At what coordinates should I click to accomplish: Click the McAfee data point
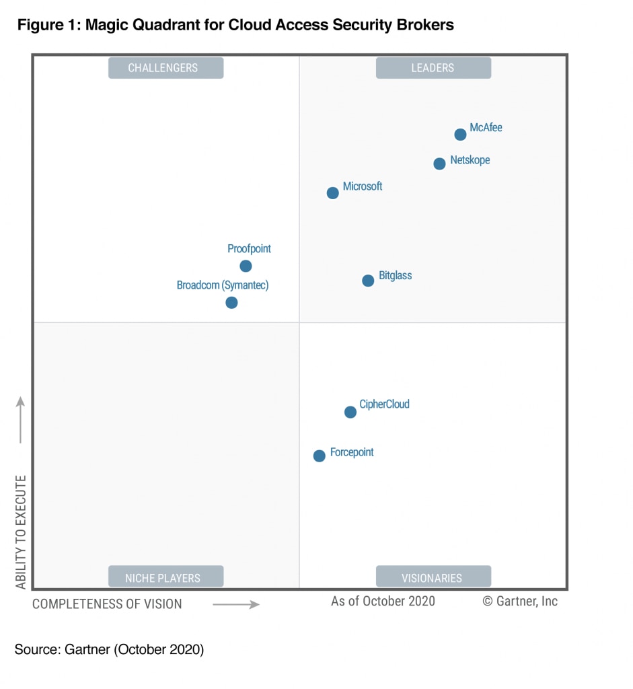pyautogui.click(x=460, y=135)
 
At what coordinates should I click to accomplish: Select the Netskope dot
pyautogui.click(x=439, y=164)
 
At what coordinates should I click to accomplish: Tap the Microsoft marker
pyautogui.click(x=332, y=193)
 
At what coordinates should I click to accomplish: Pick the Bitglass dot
pyautogui.click(x=368, y=281)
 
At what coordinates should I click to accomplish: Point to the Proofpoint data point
pyautogui.click(x=246, y=266)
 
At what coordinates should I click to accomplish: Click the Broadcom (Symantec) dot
pyautogui.click(x=231, y=303)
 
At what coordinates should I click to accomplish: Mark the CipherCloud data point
pyautogui.click(x=350, y=412)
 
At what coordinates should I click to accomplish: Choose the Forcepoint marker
pyautogui.click(x=320, y=456)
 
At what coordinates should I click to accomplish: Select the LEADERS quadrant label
pyautogui.click(x=433, y=68)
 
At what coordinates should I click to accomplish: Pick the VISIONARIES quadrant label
pyautogui.click(x=433, y=577)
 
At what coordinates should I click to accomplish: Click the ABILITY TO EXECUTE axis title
pyautogui.click(x=21, y=532)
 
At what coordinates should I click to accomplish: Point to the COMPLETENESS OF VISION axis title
pyautogui.click(x=107, y=604)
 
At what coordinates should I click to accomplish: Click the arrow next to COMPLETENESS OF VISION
pyautogui.click(x=236, y=604)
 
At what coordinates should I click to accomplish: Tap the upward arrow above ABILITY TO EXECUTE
pyautogui.click(x=21, y=420)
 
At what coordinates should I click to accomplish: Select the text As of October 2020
pyautogui.click(x=383, y=601)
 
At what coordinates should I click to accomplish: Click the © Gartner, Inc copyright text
pyautogui.click(x=520, y=601)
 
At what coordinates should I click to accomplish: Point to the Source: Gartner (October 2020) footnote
pyautogui.click(x=109, y=650)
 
